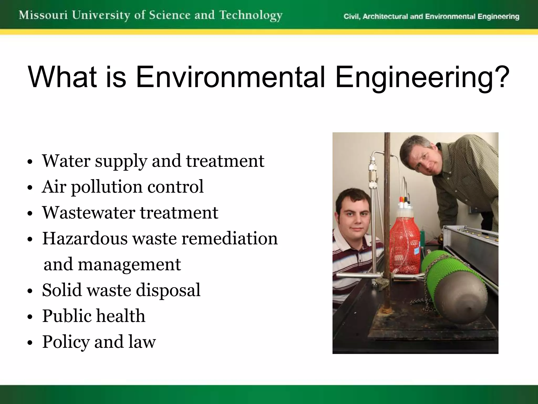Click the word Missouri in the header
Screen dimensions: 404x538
tap(43, 15)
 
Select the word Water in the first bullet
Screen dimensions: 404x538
tap(66, 161)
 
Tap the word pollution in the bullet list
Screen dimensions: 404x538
tap(107, 187)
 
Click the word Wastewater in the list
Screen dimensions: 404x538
tap(89, 213)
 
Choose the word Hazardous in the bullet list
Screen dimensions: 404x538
tap(85, 238)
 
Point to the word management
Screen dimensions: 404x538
tap(129, 264)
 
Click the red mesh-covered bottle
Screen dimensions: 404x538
tap(404, 245)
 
